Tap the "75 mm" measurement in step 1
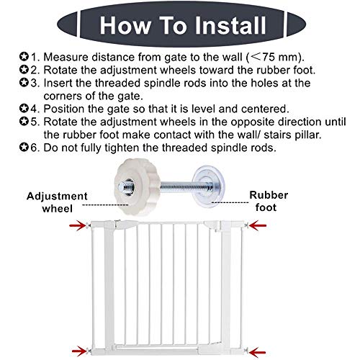pos(289,57)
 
